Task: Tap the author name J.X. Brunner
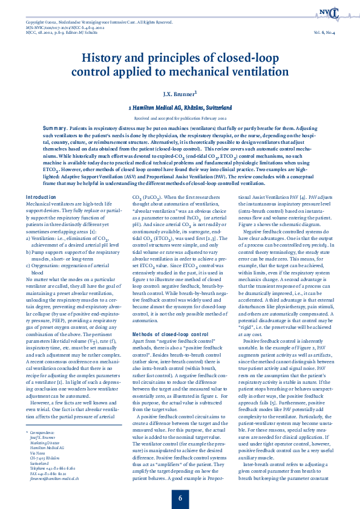(179, 94)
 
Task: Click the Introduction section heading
(41, 164)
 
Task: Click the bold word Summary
(55, 129)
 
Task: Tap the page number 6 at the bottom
(180, 482)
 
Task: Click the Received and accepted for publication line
(180, 119)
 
